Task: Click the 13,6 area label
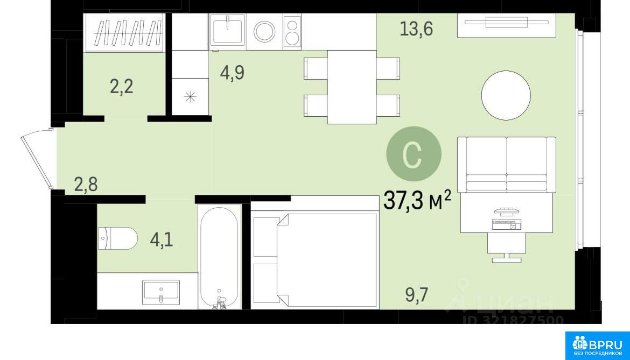[x=416, y=29]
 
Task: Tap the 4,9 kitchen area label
[x=232, y=73]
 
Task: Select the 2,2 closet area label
[x=121, y=86]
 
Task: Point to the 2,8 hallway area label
[x=86, y=184]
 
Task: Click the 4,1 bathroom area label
[x=162, y=240]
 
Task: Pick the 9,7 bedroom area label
[x=417, y=295]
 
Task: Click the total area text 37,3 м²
[x=417, y=200]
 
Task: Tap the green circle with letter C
[x=414, y=154]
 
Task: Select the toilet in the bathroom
[x=118, y=238]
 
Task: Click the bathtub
[x=219, y=257]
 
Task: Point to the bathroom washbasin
[x=160, y=292]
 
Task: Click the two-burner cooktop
[x=292, y=32]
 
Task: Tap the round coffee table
[x=506, y=96]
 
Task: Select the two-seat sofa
[x=507, y=165]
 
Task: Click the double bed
[x=315, y=260]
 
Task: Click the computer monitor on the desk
[x=506, y=210]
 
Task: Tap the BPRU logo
[x=598, y=345]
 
